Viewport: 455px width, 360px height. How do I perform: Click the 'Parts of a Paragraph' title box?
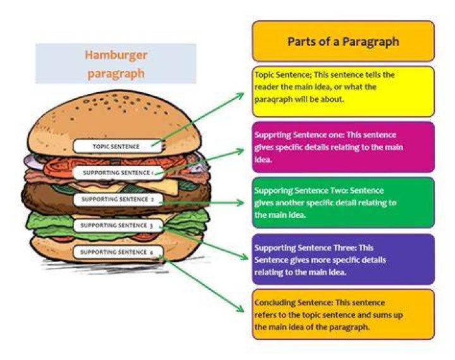tap(343, 41)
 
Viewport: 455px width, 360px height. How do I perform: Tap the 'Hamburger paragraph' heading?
tap(116, 64)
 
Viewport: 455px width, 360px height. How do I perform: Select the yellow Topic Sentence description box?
tap(343, 92)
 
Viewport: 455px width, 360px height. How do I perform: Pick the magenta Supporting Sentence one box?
tap(343, 147)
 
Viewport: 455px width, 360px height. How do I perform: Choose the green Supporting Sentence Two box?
tap(343, 203)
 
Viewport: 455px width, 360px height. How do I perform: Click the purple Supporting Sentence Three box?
tap(343, 260)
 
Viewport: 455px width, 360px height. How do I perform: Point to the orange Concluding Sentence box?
tap(343, 315)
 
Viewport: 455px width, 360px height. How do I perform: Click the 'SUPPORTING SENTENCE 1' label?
tap(118, 173)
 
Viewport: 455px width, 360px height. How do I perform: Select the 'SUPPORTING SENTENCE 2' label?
tap(118, 200)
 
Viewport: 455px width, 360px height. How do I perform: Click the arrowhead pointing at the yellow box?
tap(241, 95)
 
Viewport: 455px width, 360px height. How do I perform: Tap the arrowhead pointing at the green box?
tap(241, 203)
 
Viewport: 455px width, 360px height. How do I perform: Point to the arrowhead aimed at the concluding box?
tap(241, 309)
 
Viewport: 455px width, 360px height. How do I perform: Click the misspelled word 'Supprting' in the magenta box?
tap(273, 135)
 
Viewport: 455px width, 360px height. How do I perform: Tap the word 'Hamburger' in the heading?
tap(116, 55)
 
